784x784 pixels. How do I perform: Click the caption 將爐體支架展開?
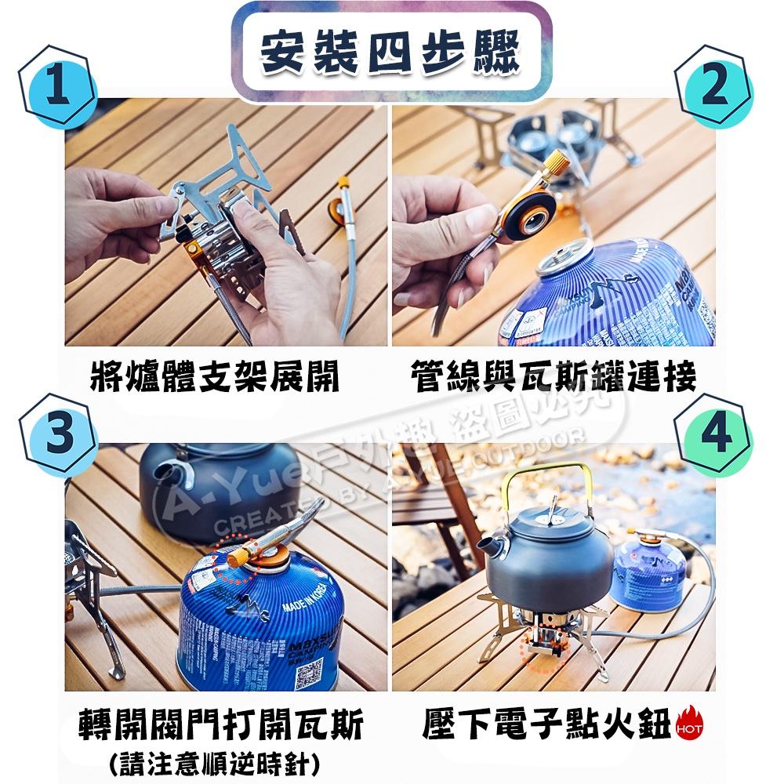pos(215,377)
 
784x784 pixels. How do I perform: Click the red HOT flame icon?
pos(689,725)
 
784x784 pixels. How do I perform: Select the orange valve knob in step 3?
pos(234,557)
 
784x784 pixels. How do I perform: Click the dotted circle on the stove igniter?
pos(542,650)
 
